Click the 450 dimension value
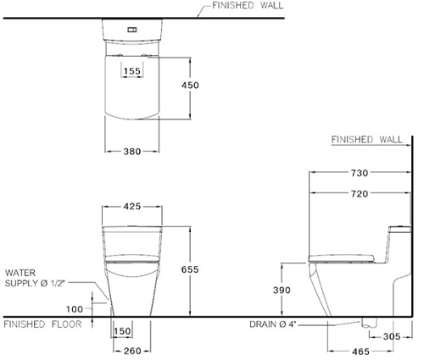pos(190,85)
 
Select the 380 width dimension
pos(132,152)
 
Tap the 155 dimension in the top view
pos(132,71)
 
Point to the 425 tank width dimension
pos(132,207)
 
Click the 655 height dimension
pos(190,269)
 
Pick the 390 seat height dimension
pos(282,290)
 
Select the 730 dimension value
pos(360,173)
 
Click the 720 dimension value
pos(360,194)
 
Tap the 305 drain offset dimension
pos(392,336)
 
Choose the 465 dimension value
pos(361,352)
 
